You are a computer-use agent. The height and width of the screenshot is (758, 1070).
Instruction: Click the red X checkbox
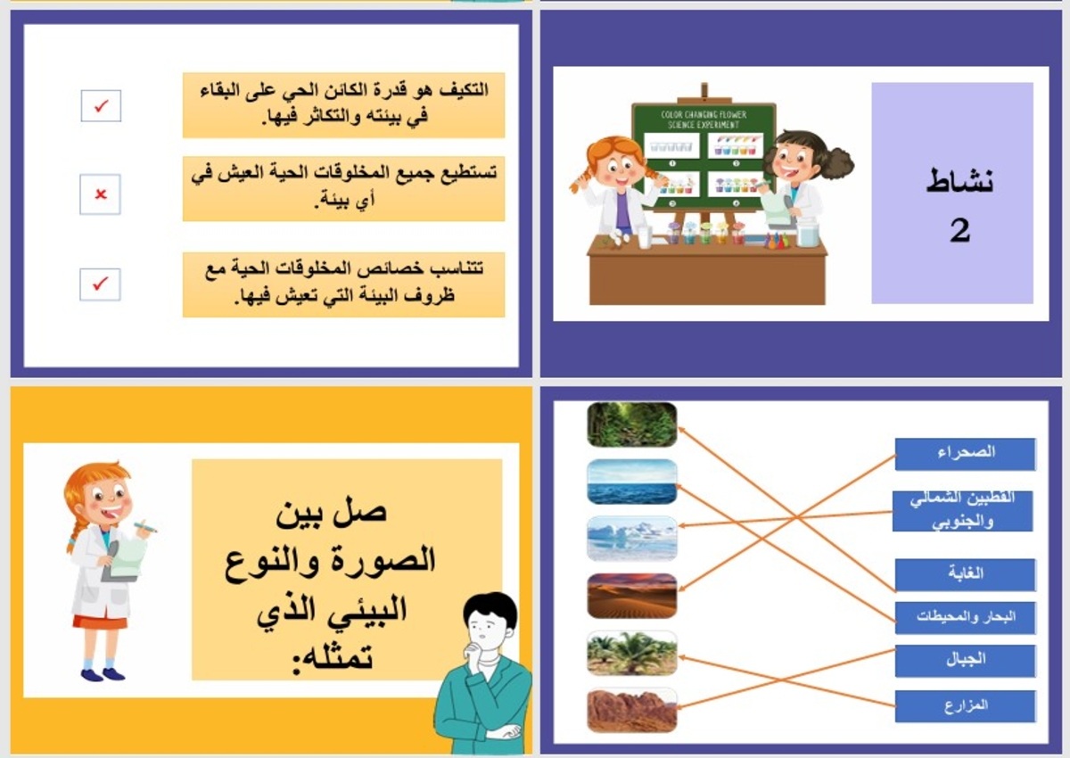click(x=100, y=194)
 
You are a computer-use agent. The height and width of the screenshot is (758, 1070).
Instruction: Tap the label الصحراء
click(x=965, y=454)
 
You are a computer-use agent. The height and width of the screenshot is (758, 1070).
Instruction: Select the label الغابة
click(x=965, y=575)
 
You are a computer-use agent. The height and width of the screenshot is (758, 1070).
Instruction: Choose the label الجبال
click(x=965, y=661)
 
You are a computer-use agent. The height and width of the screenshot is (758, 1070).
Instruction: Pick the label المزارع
click(x=965, y=706)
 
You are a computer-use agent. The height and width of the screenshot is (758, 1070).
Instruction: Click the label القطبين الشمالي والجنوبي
click(x=963, y=511)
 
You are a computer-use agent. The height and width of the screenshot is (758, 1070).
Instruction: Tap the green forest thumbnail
click(x=632, y=424)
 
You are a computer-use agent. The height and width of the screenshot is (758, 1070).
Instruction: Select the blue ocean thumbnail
click(x=632, y=482)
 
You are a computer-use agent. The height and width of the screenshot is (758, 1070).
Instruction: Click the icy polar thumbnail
click(x=632, y=539)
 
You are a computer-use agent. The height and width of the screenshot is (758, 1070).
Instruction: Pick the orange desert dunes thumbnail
click(x=632, y=596)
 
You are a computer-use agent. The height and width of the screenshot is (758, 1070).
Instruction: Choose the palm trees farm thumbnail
click(x=632, y=654)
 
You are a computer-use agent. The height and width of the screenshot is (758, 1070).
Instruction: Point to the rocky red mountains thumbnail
click(x=632, y=710)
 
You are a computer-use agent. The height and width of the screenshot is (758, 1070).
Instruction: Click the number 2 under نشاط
click(x=959, y=231)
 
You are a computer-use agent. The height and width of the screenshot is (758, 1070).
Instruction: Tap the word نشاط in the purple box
click(x=959, y=181)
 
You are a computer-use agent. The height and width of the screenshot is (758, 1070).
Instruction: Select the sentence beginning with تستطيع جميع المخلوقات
click(x=343, y=188)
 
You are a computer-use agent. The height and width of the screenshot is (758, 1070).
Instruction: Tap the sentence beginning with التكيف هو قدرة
click(x=343, y=104)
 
